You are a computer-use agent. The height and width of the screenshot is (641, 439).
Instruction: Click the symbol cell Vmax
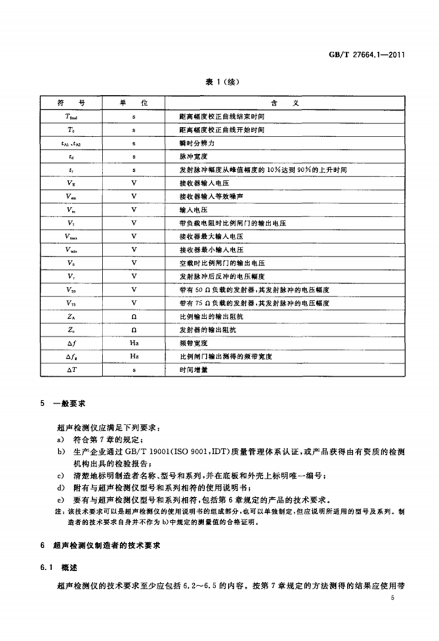[71, 236]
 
